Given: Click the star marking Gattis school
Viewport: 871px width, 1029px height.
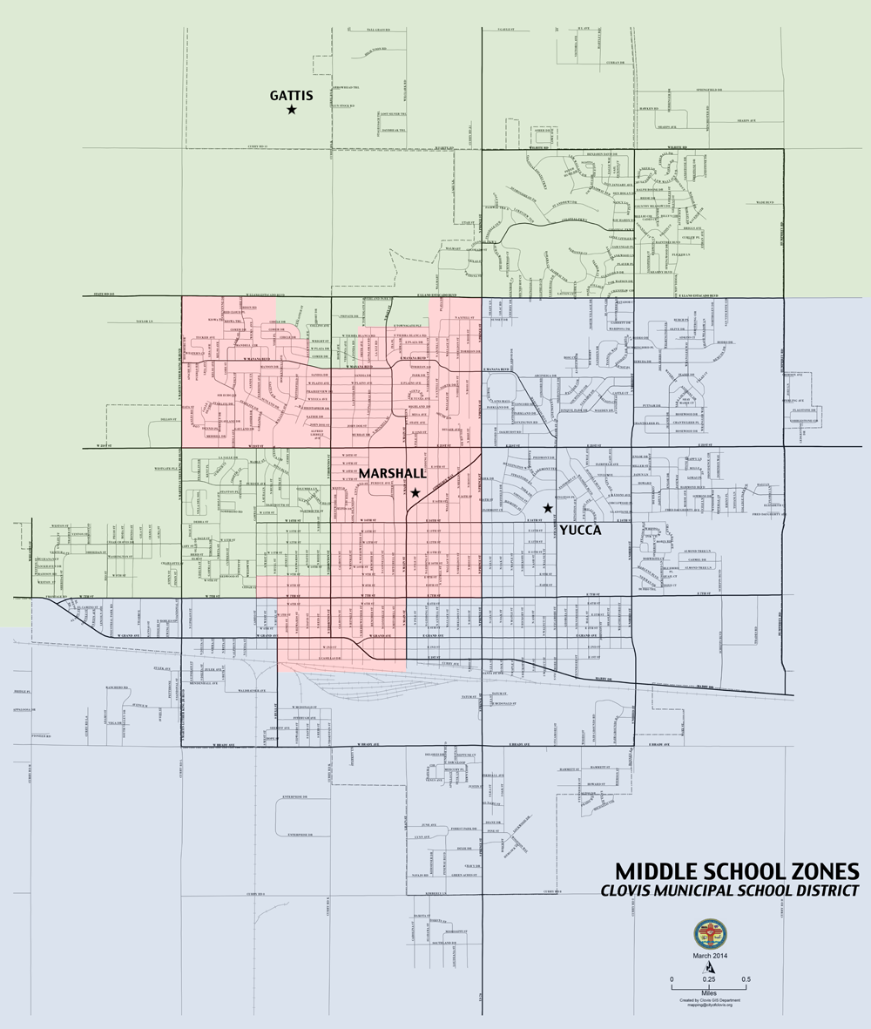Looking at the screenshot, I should click(292, 110).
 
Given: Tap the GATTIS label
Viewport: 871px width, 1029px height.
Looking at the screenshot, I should click(291, 94).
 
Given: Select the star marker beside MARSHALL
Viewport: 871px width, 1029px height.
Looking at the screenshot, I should click(415, 493).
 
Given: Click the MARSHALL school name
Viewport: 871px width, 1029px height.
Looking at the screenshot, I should click(392, 472).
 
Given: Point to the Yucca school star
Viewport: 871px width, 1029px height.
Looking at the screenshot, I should click(548, 508).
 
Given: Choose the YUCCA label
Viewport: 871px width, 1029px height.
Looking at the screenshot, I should click(582, 529).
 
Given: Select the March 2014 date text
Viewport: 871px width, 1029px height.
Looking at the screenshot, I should click(710, 957).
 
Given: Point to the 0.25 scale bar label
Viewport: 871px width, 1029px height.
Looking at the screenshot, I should click(710, 979).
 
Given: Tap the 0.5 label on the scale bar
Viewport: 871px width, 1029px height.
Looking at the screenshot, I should click(746, 979).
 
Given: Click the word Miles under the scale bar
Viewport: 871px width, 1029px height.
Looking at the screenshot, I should click(709, 992).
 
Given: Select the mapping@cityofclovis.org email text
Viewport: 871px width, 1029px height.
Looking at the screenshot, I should click(709, 1005).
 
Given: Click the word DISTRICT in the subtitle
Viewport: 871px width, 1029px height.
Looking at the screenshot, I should click(819, 890).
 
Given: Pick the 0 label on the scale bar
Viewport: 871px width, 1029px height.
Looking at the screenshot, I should click(672, 979).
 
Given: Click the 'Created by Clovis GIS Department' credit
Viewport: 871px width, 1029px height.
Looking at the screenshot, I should click(709, 999).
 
